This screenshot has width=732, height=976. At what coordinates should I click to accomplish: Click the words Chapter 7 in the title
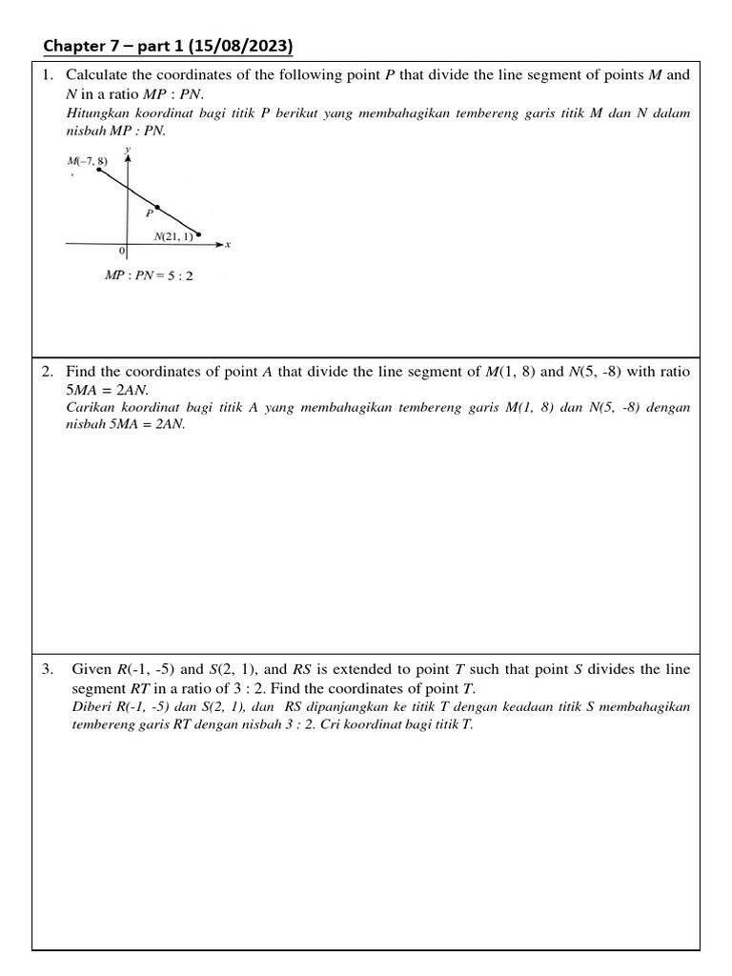pos(80,47)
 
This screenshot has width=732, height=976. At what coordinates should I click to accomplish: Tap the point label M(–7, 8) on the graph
pos(88,161)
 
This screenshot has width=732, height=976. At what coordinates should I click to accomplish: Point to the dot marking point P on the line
pos(157,206)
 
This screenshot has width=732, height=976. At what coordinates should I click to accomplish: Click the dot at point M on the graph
pos(99,170)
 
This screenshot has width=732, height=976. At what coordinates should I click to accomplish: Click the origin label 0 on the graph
pos(121,252)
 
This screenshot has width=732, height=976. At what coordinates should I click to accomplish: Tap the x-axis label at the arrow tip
pos(228,245)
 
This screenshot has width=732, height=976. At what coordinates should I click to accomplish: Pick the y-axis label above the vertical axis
pos(128,149)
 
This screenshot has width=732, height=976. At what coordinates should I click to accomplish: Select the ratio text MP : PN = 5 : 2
pos(149,276)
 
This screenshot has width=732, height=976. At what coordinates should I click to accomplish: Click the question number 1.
pos(47,74)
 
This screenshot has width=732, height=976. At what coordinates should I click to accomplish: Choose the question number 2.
pos(47,372)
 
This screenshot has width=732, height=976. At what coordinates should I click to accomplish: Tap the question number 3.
pos(47,670)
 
